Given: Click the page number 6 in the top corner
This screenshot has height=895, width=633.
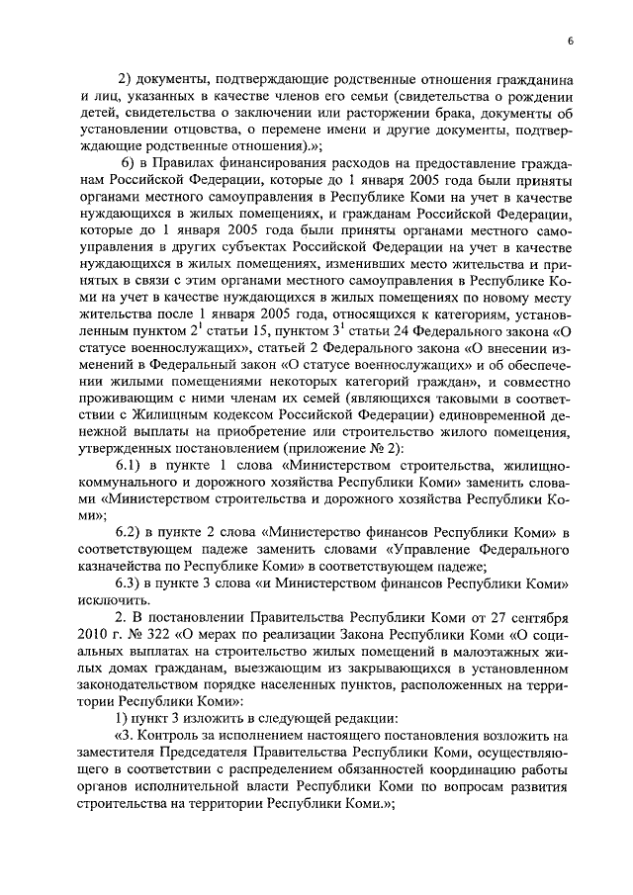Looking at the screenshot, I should point(572,40).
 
